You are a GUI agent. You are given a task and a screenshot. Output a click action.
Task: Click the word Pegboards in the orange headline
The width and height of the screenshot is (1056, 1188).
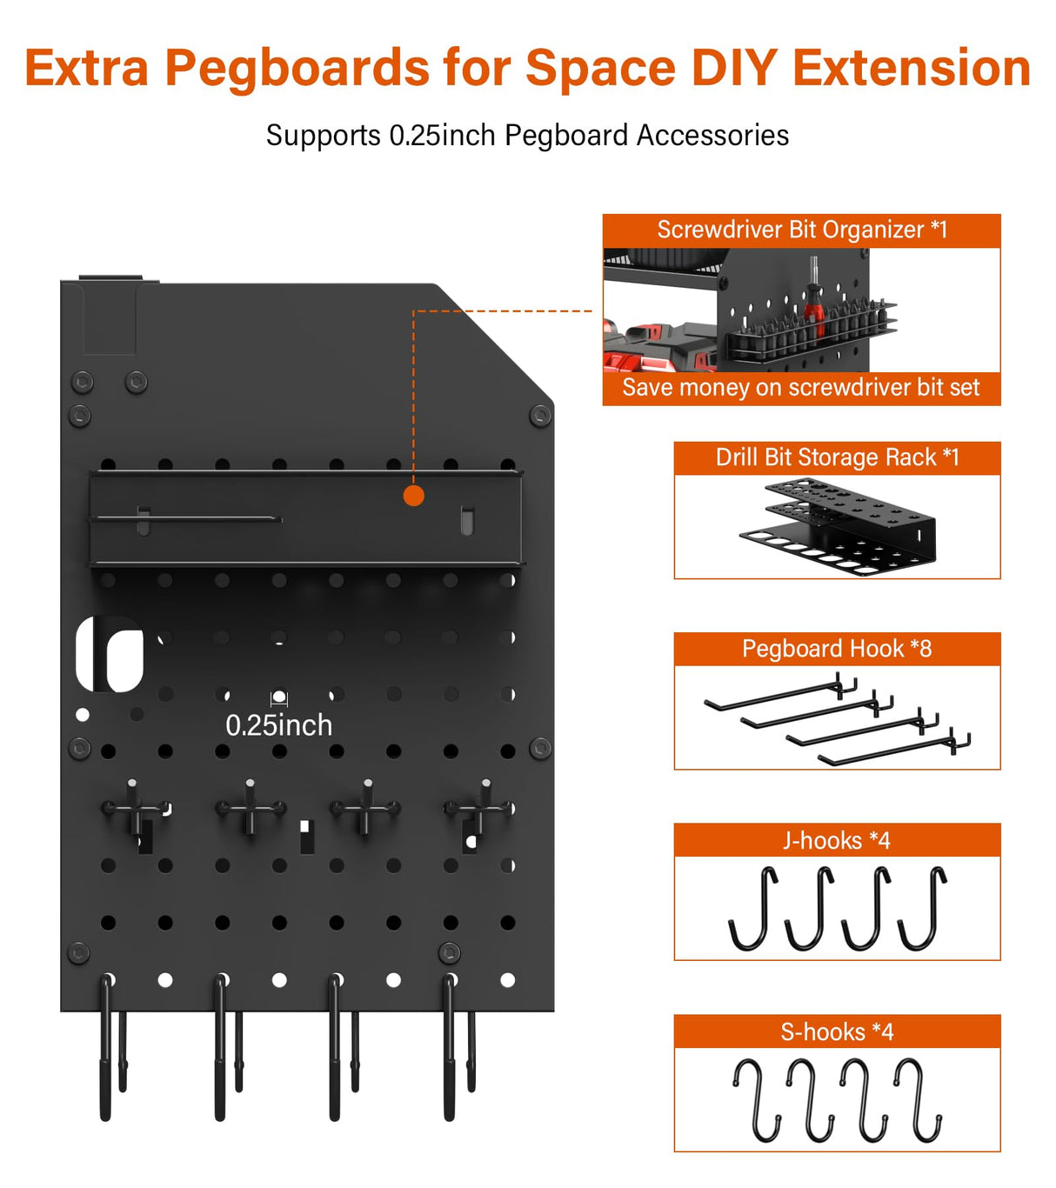point(297,68)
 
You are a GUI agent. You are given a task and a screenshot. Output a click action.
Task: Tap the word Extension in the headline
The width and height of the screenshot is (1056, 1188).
point(911,68)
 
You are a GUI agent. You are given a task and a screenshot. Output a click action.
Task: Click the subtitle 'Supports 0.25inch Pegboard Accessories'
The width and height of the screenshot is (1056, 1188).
point(527,136)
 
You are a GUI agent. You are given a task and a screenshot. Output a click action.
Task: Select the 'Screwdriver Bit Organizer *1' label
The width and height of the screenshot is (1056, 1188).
point(801,230)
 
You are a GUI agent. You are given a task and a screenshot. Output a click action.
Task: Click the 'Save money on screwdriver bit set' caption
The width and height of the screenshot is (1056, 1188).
point(800,388)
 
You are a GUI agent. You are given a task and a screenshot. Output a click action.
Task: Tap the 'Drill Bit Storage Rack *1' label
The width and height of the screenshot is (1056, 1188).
point(837,457)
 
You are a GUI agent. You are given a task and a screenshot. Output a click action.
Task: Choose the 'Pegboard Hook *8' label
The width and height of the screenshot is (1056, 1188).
point(837,649)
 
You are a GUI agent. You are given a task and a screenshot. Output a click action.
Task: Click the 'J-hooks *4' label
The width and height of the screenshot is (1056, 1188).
point(837,840)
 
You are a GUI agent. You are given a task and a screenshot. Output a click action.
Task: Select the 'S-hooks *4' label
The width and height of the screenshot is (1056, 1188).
point(837,1031)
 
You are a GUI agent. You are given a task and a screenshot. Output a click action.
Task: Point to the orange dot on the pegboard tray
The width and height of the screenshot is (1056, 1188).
point(414,496)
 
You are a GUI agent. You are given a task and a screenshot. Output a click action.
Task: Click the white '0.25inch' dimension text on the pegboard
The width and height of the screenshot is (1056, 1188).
point(278,725)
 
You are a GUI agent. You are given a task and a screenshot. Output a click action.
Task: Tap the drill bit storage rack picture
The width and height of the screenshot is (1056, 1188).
point(837,527)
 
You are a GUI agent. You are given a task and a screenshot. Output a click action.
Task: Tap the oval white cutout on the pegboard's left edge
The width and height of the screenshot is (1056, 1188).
point(111,655)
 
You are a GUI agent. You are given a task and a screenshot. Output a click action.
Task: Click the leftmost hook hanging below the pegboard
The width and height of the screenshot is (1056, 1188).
point(106,1047)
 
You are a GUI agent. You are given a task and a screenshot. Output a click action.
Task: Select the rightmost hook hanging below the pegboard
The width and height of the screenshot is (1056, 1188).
point(450,1047)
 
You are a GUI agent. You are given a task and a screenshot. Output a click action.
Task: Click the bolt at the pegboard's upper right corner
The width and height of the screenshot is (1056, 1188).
point(540,416)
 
